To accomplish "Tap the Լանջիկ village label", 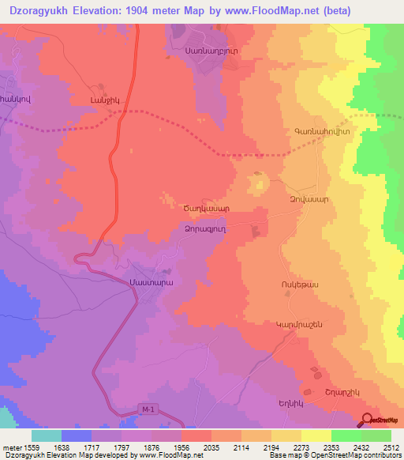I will [x=105, y=99].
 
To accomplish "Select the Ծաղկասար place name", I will [x=207, y=209].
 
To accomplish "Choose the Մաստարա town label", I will [x=149, y=281].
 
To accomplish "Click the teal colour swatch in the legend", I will [x=47, y=435].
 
